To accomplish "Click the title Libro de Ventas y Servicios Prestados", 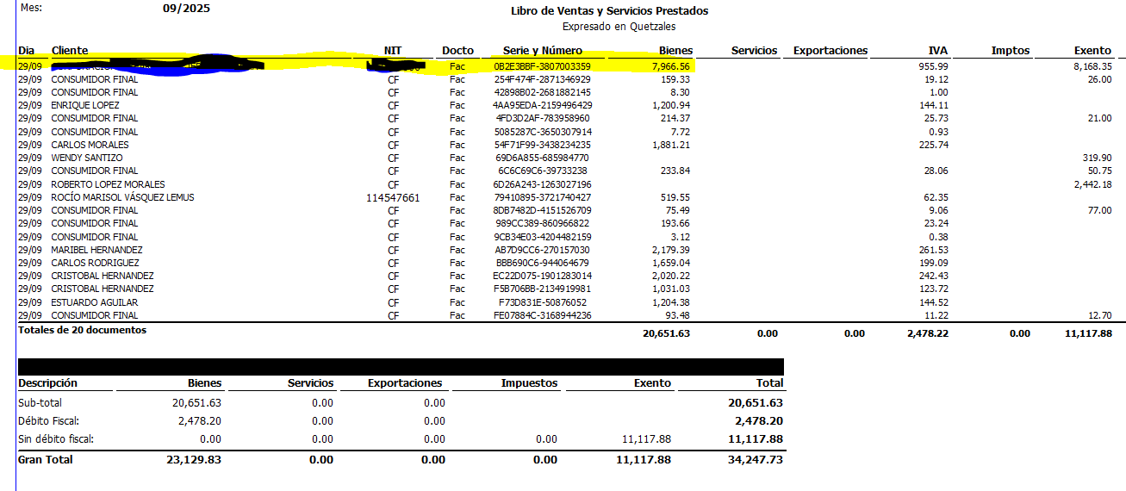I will (x=609, y=11).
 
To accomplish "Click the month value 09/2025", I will (x=186, y=9).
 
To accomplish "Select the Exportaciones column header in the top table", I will (x=830, y=51).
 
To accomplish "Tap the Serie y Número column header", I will (x=542, y=51).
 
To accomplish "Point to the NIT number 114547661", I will (x=393, y=197).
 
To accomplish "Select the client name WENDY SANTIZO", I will (x=87, y=158).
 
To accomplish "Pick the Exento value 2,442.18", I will (x=1088, y=184).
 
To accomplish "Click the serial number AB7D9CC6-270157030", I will (x=542, y=250).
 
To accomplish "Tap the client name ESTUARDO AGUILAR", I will (x=94, y=302).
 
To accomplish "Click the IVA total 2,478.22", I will (x=927, y=333).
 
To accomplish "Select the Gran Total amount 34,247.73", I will (x=756, y=460).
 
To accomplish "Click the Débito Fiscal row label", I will (x=48, y=421).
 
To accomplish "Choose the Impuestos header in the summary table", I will (x=529, y=383).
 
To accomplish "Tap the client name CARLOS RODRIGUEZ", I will (x=95, y=263).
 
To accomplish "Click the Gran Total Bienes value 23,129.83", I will (x=194, y=460).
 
